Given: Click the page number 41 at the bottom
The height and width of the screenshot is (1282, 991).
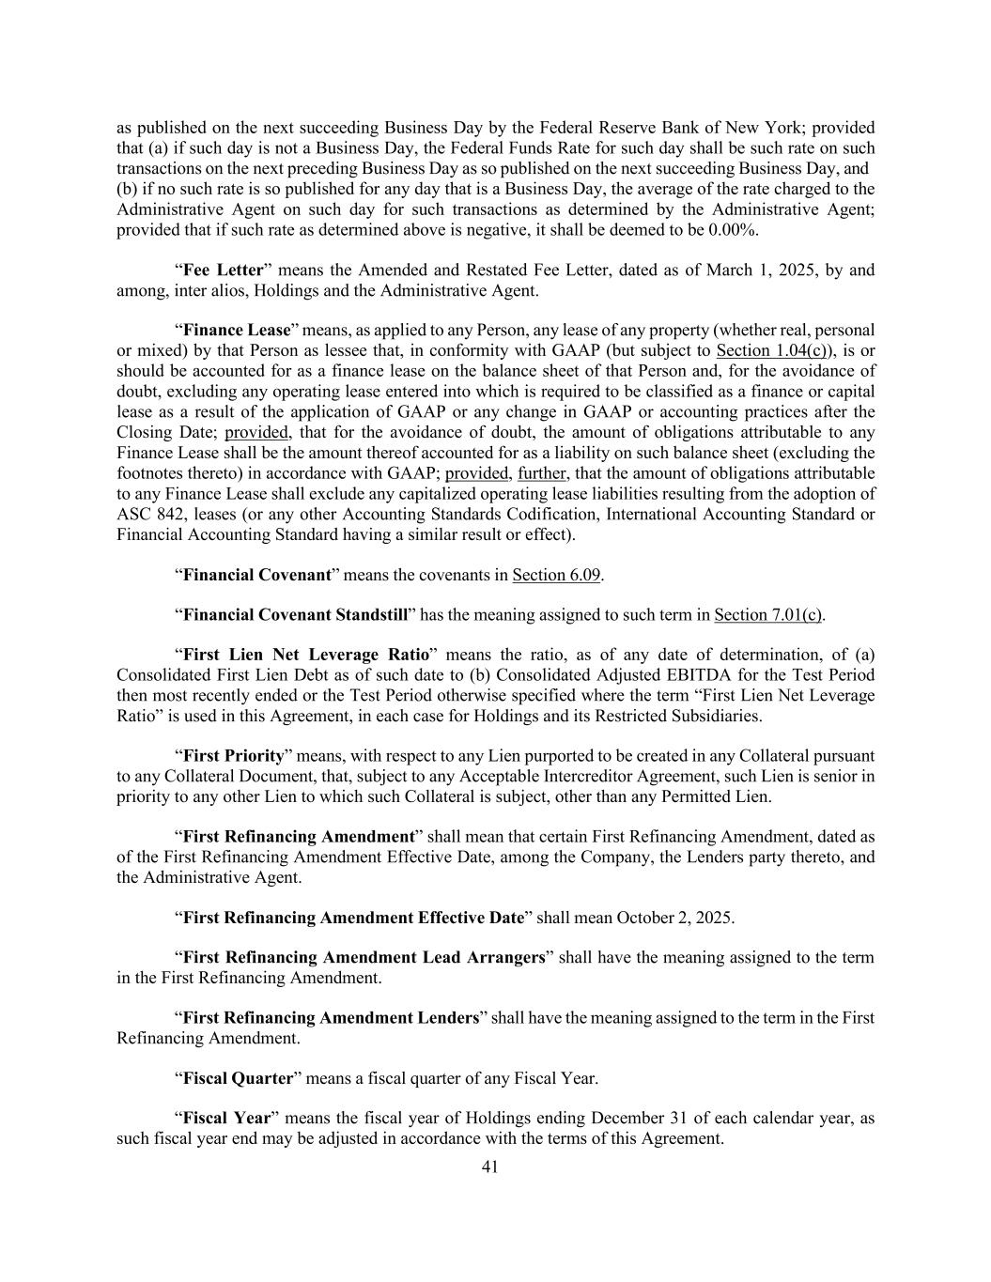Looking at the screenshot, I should pyautogui.click(x=489, y=1166).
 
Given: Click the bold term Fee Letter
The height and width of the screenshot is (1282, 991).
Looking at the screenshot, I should pyautogui.click(x=223, y=270).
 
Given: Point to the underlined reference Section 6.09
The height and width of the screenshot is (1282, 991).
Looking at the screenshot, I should pyautogui.click(x=556, y=575).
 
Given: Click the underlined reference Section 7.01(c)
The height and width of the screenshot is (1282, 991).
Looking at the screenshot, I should pyautogui.click(x=767, y=615).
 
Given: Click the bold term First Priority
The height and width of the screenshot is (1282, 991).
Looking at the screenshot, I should pyautogui.click(x=233, y=756).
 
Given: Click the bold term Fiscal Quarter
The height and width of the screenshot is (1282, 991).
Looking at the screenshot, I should pyautogui.click(x=238, y=1078).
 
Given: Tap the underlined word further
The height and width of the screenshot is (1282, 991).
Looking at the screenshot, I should pyautogui.click(x=542, y=473).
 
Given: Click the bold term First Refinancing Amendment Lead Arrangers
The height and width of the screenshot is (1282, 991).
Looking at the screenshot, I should pyautogui.click(x=364, y=958).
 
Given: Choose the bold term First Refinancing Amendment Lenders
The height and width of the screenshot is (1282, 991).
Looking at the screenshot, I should pyautogui.click(x=331, y=1018).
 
